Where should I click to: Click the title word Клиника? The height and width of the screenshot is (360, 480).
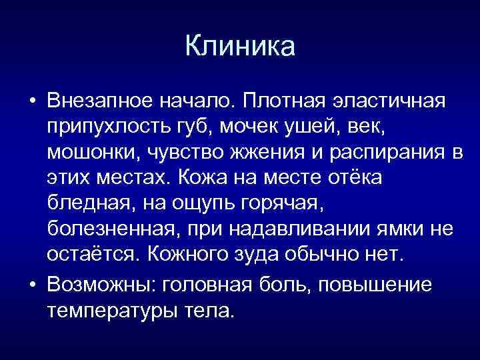pos(239,46)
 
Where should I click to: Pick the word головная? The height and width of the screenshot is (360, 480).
pos(211,285)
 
